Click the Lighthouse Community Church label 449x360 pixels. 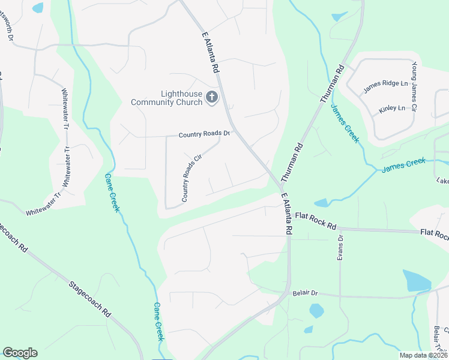click(166, 98)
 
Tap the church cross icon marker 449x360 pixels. click(211, 97)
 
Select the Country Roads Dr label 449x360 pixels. click(204, 134)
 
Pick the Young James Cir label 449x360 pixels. click(414, 84)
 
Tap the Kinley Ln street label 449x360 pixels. click(392, 109)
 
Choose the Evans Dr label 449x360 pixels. click(340, 247)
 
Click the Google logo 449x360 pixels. click(20, 353)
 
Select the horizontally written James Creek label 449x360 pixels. click(403, 164)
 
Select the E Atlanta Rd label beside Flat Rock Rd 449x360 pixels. click(286, 214)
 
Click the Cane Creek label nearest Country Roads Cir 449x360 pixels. click(112, 193)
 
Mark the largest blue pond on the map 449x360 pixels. click(416, 280)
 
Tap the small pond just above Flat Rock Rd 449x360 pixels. click(321, 203)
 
